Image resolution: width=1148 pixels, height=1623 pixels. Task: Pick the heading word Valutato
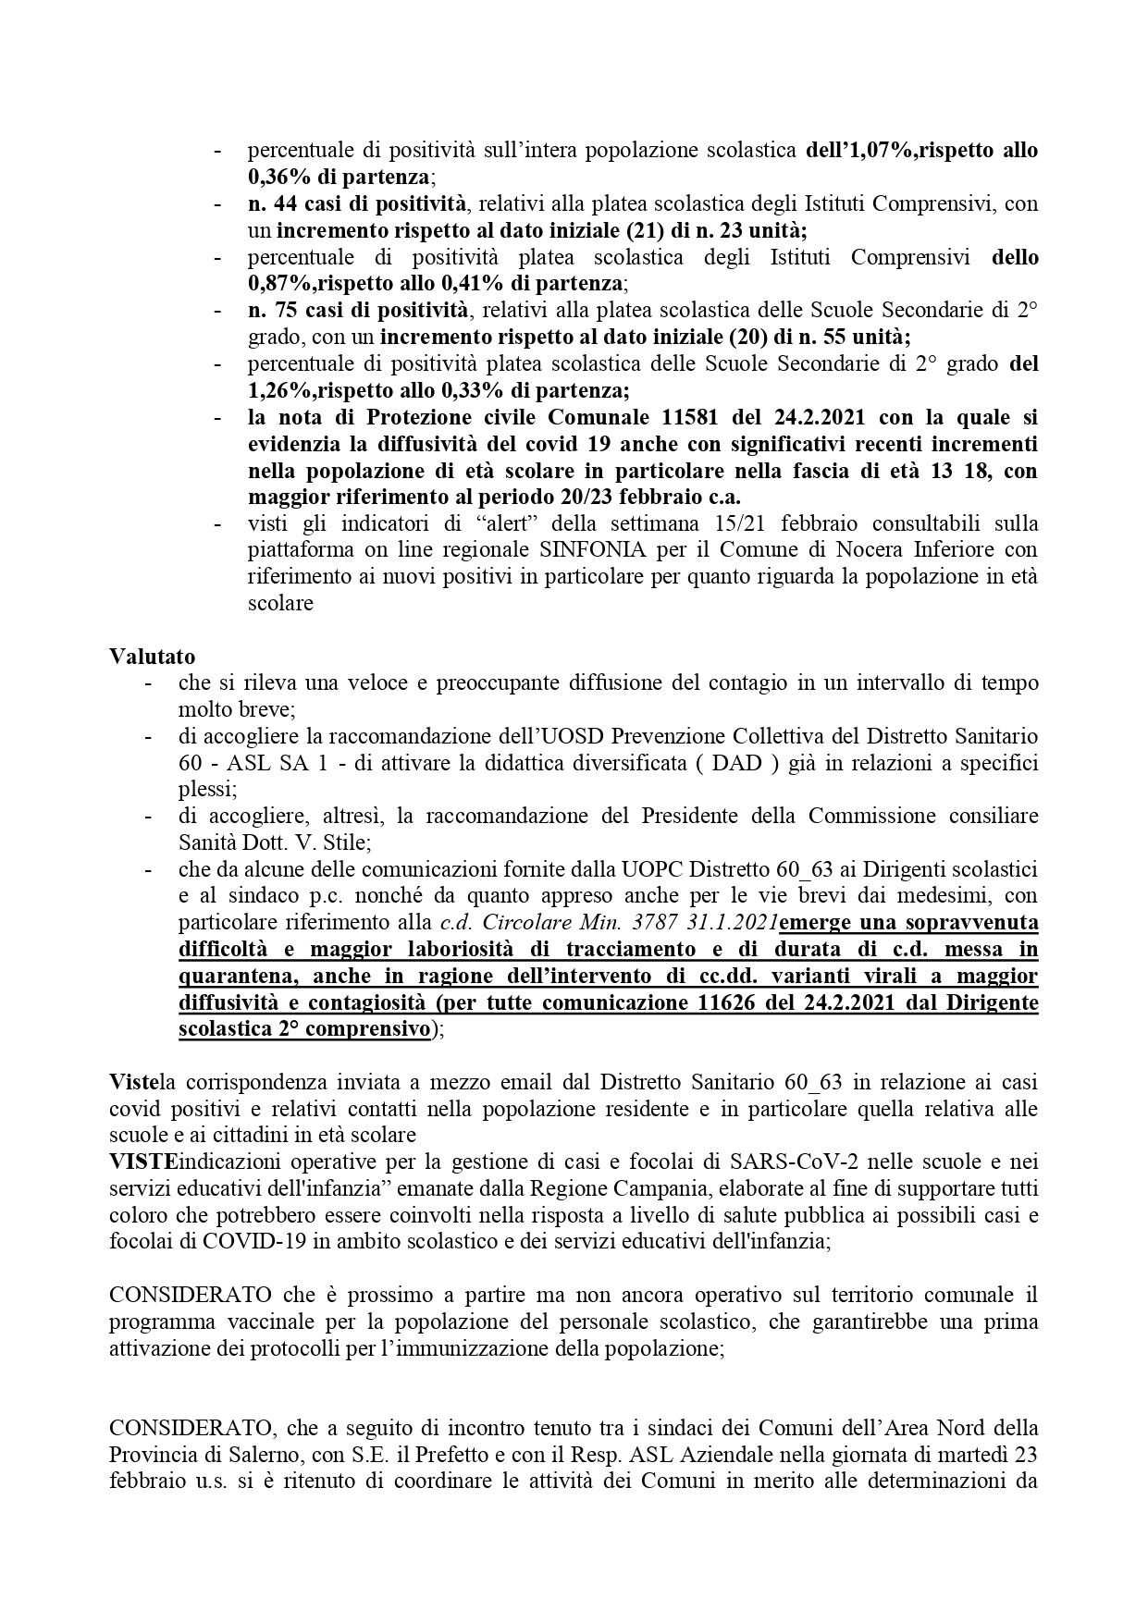tap(153, 657)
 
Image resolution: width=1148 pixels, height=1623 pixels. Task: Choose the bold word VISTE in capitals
tap(140, 1161)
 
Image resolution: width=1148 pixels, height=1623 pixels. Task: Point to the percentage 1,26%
tap(282, 390)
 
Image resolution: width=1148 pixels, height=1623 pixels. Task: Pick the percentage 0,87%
tap(282, 283)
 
